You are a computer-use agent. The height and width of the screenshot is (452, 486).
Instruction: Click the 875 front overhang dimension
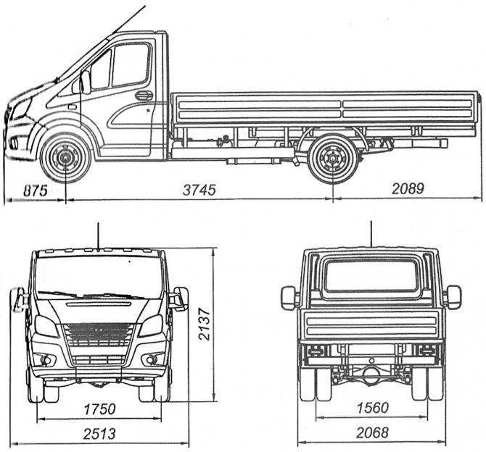(x=36, y=191)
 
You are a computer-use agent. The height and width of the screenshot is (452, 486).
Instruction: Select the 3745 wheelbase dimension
(x=199, y=190)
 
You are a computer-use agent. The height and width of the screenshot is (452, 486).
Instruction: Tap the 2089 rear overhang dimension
(x=408, y=188)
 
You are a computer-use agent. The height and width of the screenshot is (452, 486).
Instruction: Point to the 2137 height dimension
(x=205, y=324)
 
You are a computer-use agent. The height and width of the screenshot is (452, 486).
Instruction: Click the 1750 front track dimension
(x=99, y=409)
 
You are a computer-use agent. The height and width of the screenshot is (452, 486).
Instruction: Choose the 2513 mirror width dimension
(x=99, y=433)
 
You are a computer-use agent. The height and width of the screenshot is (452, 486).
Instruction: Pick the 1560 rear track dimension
(x=372, y=408)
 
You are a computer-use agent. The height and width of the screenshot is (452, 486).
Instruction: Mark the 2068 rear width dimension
(x=372, y=432)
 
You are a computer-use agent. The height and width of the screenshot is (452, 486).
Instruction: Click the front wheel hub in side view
(x=66, y=158)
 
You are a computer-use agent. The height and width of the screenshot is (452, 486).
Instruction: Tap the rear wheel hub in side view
(x=333, y=158)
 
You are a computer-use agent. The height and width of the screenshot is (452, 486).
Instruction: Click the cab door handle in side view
(x=144, y=96)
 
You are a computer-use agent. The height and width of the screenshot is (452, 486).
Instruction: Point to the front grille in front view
(x=99, y=335)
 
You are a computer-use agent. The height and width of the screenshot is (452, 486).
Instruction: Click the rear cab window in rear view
(x=371, y=275)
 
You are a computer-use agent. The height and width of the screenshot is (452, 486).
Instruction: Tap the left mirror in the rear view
(x=289, y=298)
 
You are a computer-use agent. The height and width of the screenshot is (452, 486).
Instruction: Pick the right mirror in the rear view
(x=454, y=297)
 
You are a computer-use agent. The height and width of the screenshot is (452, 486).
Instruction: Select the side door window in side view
(x=130, y=65)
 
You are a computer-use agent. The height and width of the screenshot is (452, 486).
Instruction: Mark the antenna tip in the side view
(x=145, y=7)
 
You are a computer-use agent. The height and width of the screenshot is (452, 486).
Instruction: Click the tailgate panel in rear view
(x=371, y=325)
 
